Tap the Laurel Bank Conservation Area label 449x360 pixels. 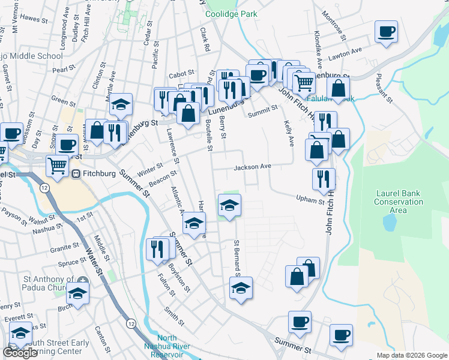[399, 202]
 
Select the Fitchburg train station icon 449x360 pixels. [76, 173]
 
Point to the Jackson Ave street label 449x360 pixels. [253, 167]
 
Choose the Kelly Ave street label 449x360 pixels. [288, 133]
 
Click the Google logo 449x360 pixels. [20, 353]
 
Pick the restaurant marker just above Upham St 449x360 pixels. [324, 179]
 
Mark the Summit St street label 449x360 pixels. [264, 109]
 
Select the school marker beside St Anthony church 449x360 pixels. [78, 293]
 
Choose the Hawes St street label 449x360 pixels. [34, 19]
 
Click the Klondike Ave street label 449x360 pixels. [318, 54]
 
